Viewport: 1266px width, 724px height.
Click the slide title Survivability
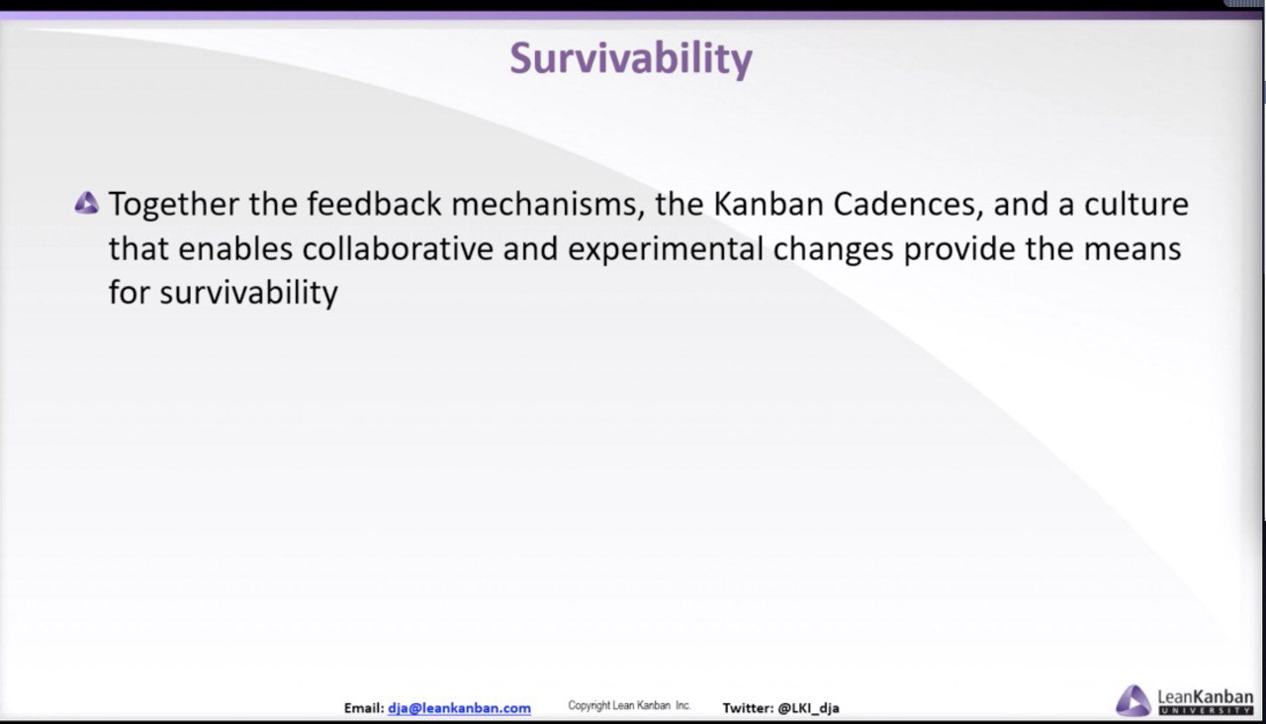click(x=631, y=58)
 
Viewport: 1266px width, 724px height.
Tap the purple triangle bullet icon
click(x=86, y=204)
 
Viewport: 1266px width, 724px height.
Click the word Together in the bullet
click(x=173, y=205)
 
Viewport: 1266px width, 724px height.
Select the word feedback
click(x=374, y=204)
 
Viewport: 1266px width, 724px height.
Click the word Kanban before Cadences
click(x=769, y=204)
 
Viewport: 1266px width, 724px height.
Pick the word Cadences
click(x=909, y=205)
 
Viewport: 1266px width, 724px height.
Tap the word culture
click(x=1136, y=204)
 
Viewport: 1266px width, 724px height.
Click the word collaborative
click(x=398, y=248)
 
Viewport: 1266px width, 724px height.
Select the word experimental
click(x=666, y=250)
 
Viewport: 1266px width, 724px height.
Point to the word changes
click(x=833, y=250)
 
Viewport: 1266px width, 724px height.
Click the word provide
click(x=959, y=250)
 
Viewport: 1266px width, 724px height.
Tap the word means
click(x=1132, y=250)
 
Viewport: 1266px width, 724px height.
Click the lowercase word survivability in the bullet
click(x=248, y=294)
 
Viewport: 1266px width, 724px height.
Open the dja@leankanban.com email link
click(x=459, y=708)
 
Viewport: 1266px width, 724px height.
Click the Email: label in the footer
click(x=364, y=708)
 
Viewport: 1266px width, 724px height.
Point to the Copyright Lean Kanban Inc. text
click(x=629, y=705)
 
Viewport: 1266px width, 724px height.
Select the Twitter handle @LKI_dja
click(x=808, y=708)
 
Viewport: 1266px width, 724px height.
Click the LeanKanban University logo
click(x=1184, y=701)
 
